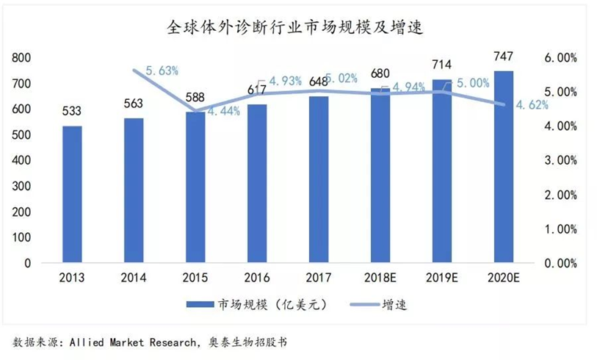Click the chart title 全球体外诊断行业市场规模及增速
point(298,27)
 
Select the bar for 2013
point(72,194)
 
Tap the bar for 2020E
point(503,166)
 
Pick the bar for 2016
point(257,183)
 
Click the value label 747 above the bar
point(504,57)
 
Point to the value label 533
point(72,112)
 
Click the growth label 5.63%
point(162,71)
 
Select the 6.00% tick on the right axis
point(560,58)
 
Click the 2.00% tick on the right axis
point(560,195)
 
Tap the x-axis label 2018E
point(380,278)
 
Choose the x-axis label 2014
point(134,278)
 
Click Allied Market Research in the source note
point(132,342)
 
